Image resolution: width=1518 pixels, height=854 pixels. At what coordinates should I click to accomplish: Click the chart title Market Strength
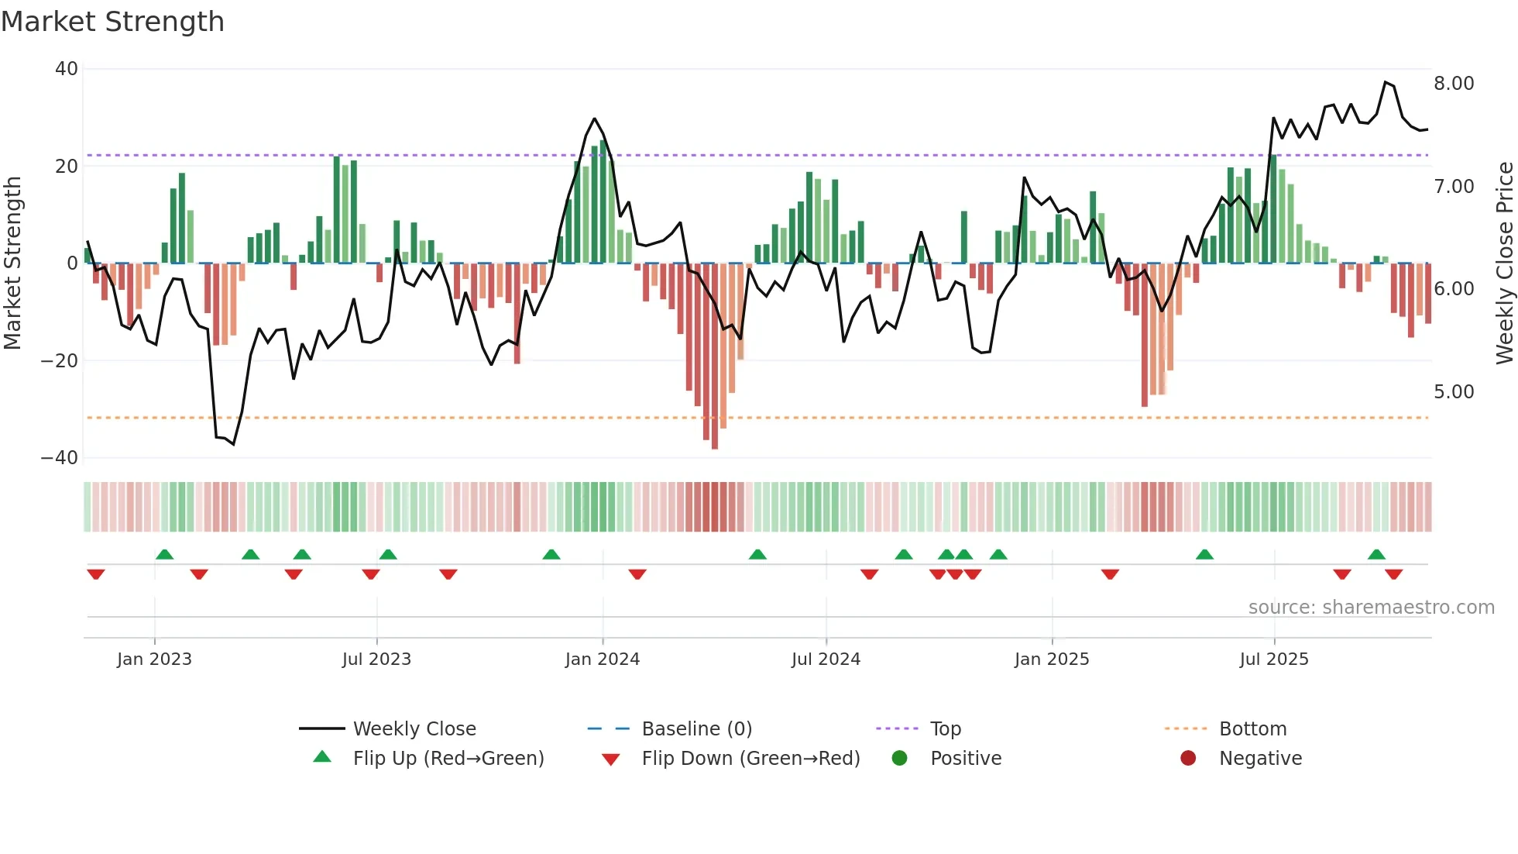112,22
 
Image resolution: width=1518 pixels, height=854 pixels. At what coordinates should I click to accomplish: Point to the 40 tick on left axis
67,69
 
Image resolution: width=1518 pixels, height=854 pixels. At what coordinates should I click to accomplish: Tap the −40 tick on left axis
60,458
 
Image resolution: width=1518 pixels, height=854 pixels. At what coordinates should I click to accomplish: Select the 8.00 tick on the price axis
1454,84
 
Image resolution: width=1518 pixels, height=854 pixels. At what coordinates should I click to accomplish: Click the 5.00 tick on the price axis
1454,392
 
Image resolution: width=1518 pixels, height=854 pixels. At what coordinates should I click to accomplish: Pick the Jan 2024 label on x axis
603,659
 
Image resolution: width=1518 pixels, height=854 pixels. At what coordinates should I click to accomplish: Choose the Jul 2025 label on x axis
1274,659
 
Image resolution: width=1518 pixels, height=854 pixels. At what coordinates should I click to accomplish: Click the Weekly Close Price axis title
1504,263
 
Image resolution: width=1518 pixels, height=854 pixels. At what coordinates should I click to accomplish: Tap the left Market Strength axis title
12,263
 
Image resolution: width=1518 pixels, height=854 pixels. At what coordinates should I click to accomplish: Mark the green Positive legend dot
899,759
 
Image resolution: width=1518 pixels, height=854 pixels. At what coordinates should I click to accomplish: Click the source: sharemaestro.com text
1371,608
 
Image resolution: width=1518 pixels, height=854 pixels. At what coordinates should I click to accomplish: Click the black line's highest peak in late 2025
1386,82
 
